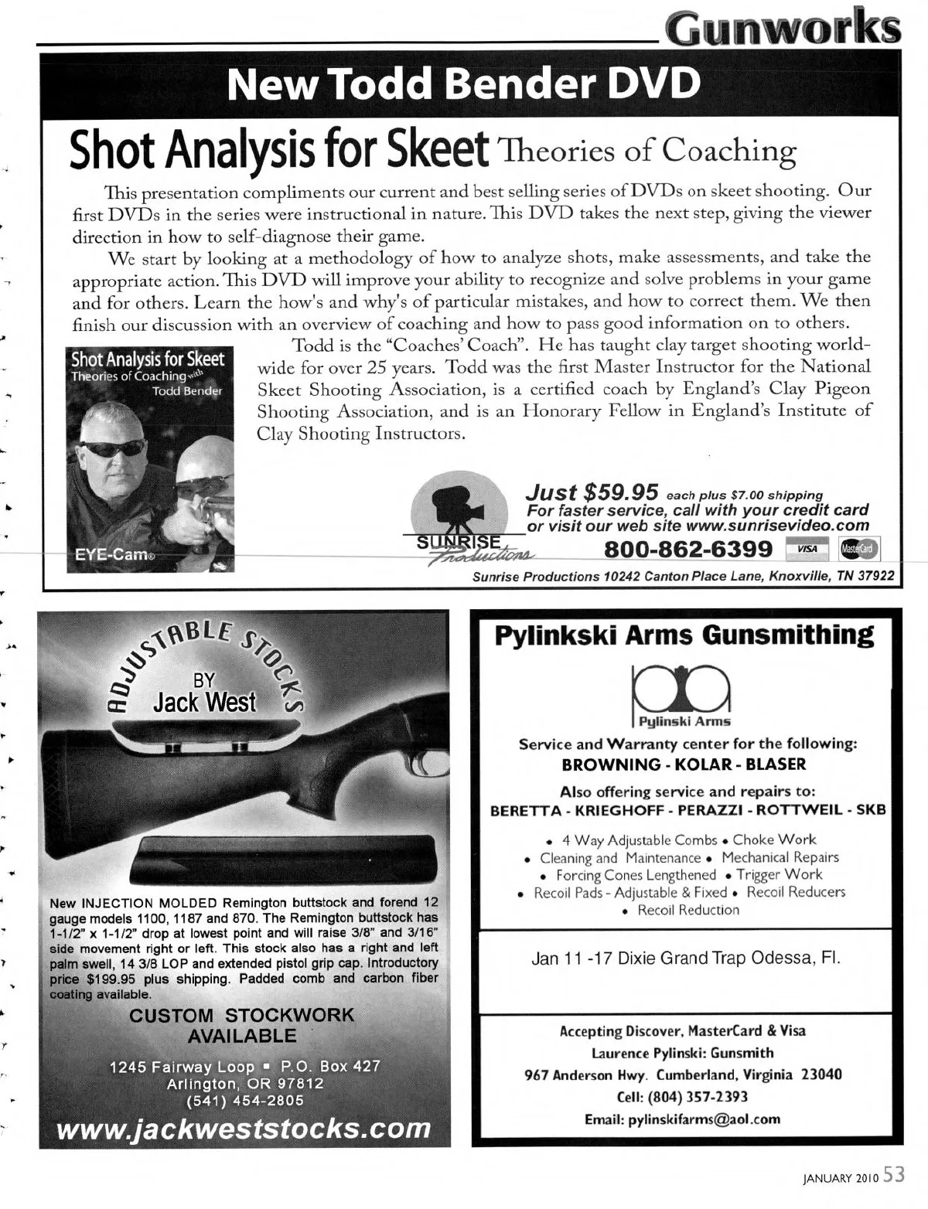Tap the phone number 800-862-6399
[x=688, y=549]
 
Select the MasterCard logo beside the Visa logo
[x=858, y=549]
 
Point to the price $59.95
[x=622, y=492]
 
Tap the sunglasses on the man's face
[x=114, y=448]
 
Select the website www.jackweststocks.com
[x=243, y=1128]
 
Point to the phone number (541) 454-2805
[x=244, y=1101]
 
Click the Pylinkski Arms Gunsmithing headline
[x=684, y=635]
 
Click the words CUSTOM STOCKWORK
[x=241, y=1015]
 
